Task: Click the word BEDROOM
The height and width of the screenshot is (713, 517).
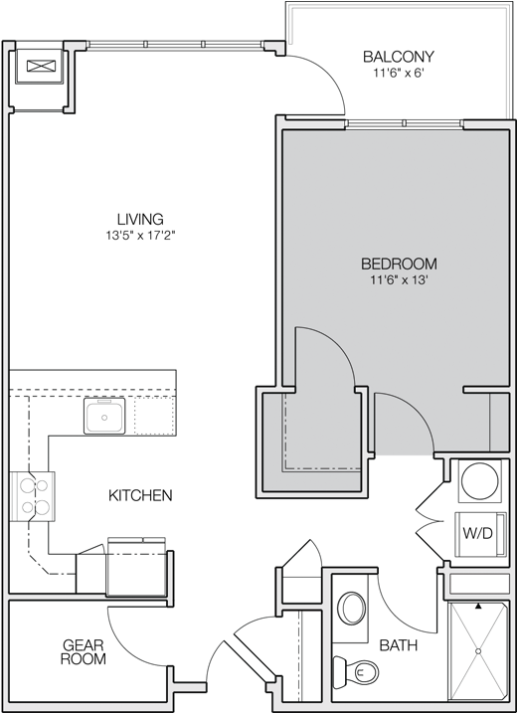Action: click(x=398, y=264)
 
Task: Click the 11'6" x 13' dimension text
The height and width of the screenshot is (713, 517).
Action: click(x=398, y=280)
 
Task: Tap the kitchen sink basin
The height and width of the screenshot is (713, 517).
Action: click(x=101, y=419)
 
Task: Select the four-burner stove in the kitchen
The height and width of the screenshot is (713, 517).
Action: click(x=36, y=495)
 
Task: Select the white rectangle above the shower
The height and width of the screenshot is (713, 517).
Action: click(x=478, y=583)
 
